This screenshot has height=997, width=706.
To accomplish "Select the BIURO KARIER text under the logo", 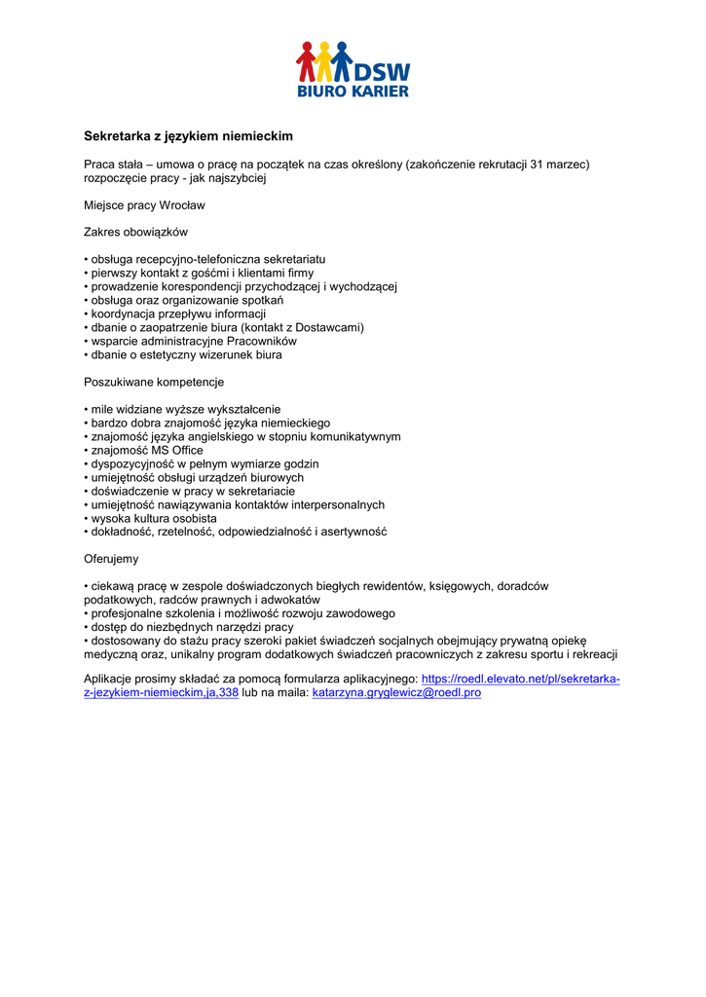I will [x=353, y=92].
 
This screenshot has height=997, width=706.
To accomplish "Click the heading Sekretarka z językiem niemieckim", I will [x=188, y=136].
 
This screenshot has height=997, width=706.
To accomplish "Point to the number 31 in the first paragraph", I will [x=537, y=165].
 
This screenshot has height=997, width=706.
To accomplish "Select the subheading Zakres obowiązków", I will [x=135, y=233].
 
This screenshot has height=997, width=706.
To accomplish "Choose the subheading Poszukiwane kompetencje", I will [x=154, y=383].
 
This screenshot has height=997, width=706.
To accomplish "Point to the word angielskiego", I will [x=204, y=437].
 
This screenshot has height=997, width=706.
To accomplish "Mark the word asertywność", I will [x=351, y=533].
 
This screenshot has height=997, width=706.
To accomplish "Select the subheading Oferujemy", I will [x=111, y=560].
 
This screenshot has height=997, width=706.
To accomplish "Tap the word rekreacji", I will [x=591, y=655].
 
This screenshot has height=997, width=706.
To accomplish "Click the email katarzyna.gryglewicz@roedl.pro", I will [x=396, y=692].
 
